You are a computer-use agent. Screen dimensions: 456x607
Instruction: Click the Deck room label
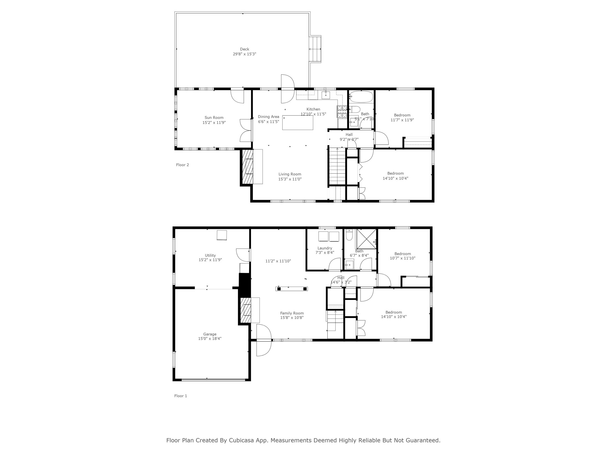point(244,49)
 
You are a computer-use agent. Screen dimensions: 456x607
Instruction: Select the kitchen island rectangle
point(297,123)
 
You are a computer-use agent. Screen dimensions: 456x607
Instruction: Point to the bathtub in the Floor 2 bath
point(361,97)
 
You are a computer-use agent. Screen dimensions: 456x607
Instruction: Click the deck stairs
point(315,49)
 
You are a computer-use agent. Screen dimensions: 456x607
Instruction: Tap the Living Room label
point(289,174)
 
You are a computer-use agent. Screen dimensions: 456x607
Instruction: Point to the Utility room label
point(210,255)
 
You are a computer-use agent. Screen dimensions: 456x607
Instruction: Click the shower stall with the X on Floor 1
point(366,239)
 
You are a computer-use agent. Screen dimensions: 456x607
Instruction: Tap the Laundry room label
point(325,248)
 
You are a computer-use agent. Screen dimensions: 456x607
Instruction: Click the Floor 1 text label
point(180,396)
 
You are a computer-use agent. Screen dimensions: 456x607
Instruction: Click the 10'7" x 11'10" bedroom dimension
point(402,258)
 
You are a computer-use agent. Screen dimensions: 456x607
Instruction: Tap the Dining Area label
point(268,116)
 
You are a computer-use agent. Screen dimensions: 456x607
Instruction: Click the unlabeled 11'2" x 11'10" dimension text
point(278,261)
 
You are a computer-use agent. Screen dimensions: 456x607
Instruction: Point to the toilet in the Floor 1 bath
point(349,235)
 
